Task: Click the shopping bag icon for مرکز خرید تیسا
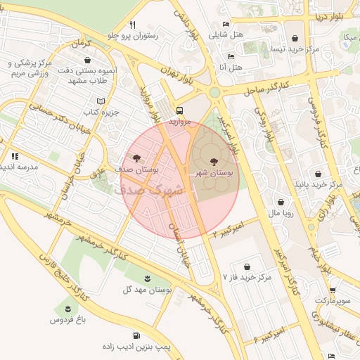click(x=294, y=39)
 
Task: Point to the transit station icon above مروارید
click(x=180, y=110)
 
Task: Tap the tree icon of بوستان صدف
click(x=136, y=159)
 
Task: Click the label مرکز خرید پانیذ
click(x=319, y=184)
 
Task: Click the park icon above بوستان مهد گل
click(x=147, y=278)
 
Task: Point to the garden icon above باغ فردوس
click(x=67, y=309)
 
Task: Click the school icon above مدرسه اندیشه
click(x=13, y=156)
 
